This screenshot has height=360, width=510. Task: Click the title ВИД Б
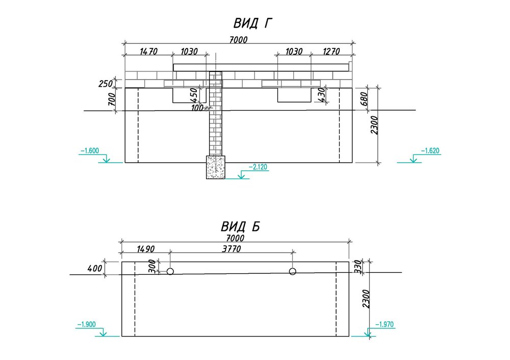point(240,226)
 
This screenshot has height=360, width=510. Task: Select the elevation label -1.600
point(89,151)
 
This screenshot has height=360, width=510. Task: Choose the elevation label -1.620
point(430,151)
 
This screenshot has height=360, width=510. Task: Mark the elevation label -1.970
point(384,324)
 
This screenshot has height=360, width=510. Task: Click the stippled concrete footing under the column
point(215,167)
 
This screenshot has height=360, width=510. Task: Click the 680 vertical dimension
point(364,98)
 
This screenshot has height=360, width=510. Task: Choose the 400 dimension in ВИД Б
point(95,268)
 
